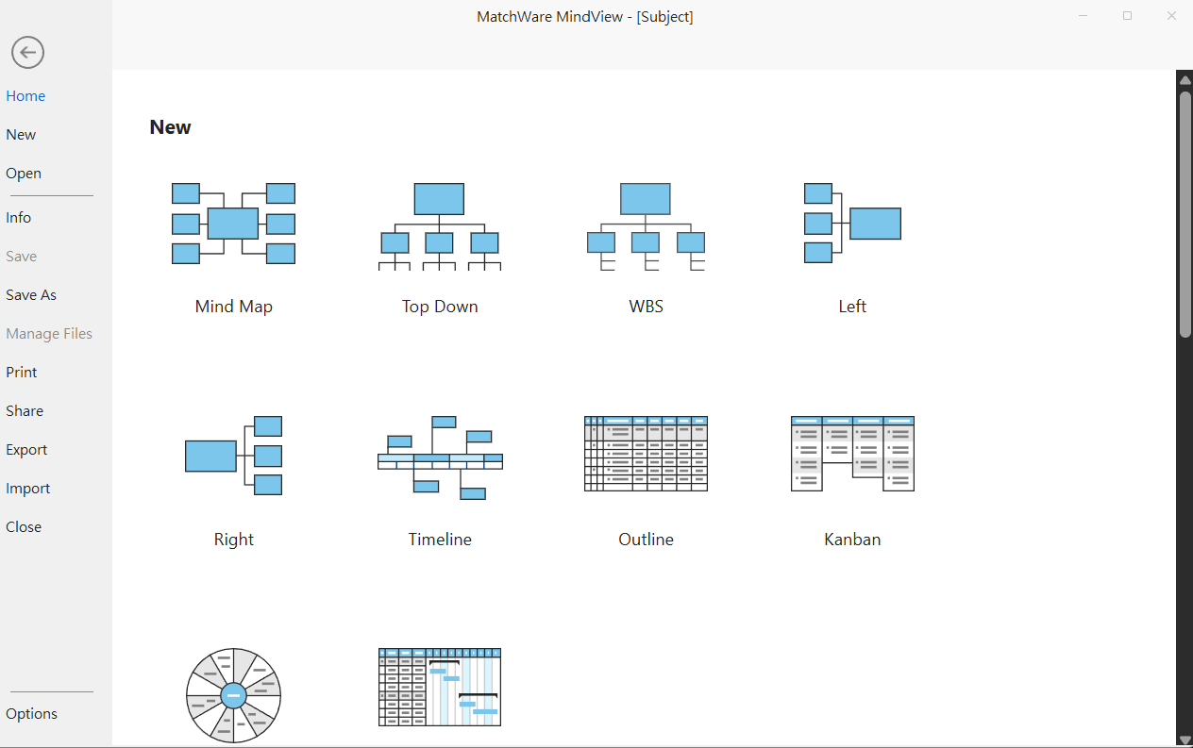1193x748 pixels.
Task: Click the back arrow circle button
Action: tap(28, 52)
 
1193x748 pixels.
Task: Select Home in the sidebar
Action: tap(25, 96)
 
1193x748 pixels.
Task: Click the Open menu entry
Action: tap(24, 174)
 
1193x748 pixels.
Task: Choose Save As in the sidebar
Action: tap(31, 295)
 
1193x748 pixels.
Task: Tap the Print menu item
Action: tap(22, 373)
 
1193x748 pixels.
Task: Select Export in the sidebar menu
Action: tap(26, 450)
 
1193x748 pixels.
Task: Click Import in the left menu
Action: tap(28, 489)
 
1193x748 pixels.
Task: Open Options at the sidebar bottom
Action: tap(32, 714)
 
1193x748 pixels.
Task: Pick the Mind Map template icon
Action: tap(233, 224)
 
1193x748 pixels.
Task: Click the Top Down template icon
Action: tap(440, 226)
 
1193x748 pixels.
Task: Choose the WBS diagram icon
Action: tap(646, 226)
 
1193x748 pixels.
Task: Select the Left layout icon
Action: tap(852, 224)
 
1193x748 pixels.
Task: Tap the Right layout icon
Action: tap(234, 456)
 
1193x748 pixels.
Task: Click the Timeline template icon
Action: tap(440, 457)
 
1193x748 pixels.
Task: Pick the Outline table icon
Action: tap(646, 454)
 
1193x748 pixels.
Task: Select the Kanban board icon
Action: tap(852, 454)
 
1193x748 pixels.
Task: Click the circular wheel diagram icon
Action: tap(234, 695)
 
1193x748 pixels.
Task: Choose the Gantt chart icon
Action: tap(440, 687)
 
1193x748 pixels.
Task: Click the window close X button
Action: tap(1171, 16)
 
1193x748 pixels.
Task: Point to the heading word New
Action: tap(171, 127)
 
